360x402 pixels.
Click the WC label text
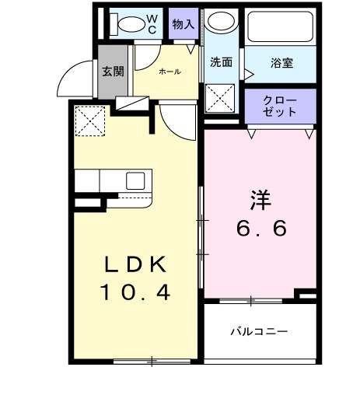point(152,24)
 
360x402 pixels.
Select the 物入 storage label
point(183,24)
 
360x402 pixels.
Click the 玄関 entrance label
point(112,72)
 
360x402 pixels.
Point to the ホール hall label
point(170,72)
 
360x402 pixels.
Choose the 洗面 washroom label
point(221,63)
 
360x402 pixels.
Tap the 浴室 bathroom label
point(281,64)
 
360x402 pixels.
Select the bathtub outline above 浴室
point(281,27)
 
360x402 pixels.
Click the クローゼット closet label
point(280,106)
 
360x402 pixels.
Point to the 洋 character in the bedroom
point(260,199)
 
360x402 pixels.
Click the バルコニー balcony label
point(259,331)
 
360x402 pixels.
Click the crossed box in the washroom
point(220,100)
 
